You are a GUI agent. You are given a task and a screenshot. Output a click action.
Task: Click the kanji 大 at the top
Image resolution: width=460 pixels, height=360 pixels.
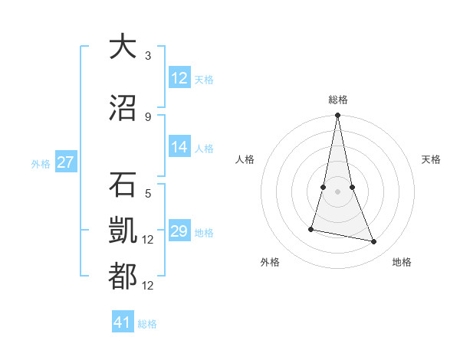tap(123, 47)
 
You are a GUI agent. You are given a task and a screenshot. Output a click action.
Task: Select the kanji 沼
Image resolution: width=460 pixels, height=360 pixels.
tap(123, 108)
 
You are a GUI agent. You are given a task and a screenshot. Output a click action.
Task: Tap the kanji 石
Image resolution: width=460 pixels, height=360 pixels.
tap(123, 185)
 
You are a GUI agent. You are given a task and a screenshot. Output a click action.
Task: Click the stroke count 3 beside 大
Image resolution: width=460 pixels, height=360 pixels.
tap(148, 55)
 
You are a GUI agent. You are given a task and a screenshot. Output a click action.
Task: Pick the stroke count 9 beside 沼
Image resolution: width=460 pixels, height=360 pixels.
tap(148, 116)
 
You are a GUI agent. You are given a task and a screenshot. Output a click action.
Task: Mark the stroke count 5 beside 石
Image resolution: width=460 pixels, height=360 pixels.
tap(148, 194)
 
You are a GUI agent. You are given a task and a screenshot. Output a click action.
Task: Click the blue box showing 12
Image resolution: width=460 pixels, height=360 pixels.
tap(179, 78)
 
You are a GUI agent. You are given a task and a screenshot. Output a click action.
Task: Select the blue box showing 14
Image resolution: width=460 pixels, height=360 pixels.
tap(179, 148)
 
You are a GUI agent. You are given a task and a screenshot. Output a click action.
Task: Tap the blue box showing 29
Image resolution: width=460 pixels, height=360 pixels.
tap(179, 232)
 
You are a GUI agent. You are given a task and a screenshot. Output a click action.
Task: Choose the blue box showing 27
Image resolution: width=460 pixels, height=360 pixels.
tap(65, 162)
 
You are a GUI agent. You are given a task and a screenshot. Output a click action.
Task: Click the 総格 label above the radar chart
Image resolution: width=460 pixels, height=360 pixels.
tap(337, 100)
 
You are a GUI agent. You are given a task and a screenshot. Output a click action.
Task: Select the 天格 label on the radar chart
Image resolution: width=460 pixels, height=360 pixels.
tap(431, 159)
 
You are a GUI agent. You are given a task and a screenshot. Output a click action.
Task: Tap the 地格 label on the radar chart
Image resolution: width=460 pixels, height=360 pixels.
tap(402, 262)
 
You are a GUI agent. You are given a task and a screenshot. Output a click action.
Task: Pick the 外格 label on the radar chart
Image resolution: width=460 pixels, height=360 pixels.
tap(270, 262)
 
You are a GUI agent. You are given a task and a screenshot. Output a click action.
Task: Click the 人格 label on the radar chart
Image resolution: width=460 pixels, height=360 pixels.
tap(245, 159)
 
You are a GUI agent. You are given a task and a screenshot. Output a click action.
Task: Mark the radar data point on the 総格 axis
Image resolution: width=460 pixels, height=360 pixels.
tap(337, 116)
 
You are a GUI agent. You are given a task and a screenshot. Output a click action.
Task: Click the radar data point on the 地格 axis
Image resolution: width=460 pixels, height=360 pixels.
tap(374, 242)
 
